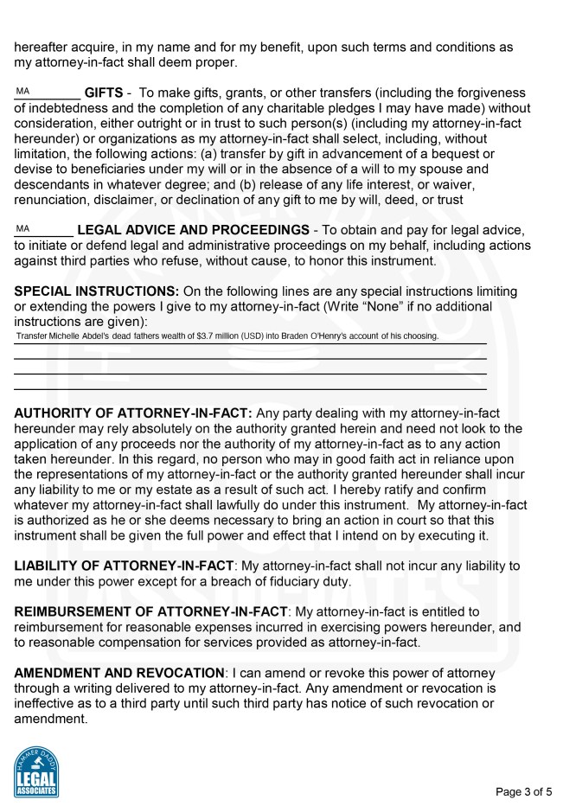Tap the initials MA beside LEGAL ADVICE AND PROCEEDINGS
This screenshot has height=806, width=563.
(22, 228)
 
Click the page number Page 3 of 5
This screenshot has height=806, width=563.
(523, 791)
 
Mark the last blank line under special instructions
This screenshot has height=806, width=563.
(250, 389)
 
